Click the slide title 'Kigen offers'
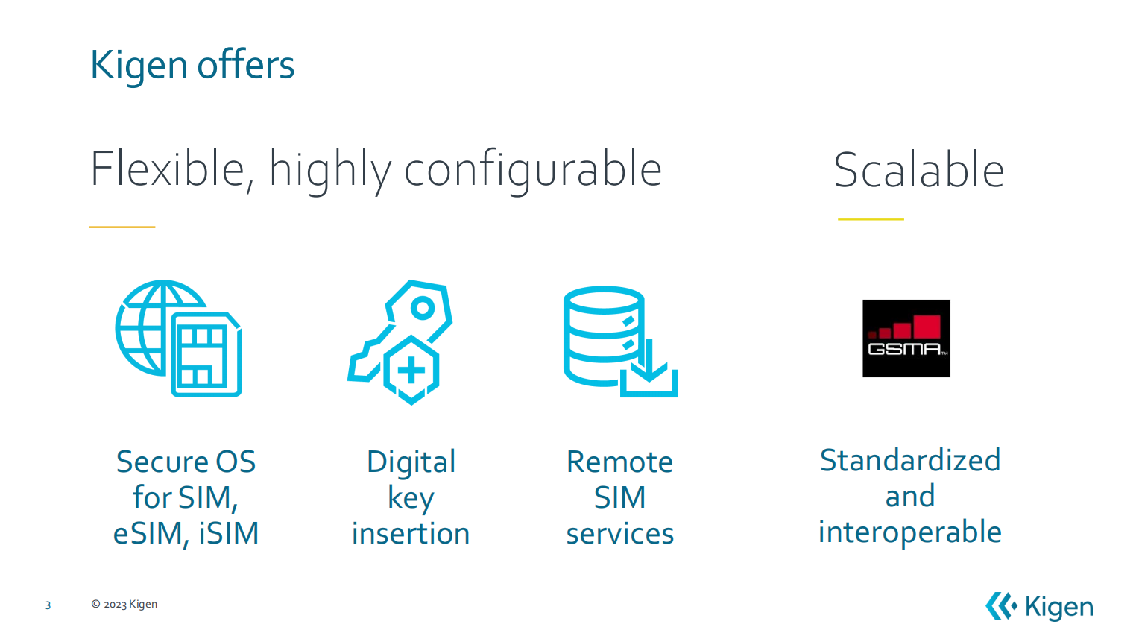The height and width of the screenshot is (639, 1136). click(192, 66)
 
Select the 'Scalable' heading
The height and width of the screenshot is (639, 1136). click(919, 170)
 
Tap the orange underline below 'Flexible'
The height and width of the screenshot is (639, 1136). click(122, 227)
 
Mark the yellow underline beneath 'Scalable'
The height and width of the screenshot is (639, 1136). click(871, 219)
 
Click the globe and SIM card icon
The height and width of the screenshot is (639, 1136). click(178, 339)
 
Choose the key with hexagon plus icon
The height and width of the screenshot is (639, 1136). click(400, 342)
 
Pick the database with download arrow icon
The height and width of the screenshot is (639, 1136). click(621, 341)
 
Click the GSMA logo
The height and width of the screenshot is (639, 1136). click(906, 339)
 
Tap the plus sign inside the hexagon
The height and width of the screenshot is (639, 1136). click(411, 371)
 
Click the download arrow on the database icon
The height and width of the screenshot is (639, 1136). click(649, 361)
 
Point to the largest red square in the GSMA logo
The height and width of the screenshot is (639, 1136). click(927, 326)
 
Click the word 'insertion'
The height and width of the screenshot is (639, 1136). click(411, 534)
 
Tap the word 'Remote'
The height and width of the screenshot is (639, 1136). click(619, 462)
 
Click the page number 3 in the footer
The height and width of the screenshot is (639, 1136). click(48, 605)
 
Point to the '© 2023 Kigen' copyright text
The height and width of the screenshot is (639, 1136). click(124, 605)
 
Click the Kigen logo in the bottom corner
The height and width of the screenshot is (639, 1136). click(1039, 606)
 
